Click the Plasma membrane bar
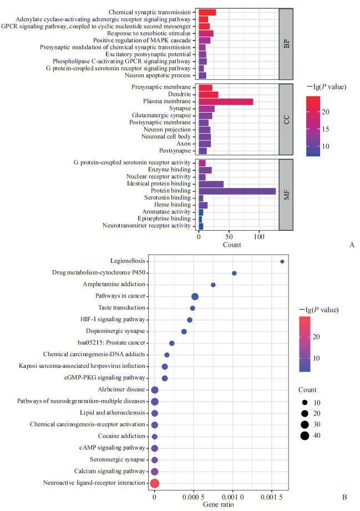point(226,102)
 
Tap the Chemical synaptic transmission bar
point(207,12)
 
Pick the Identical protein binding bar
point(211,184)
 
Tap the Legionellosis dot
point(282,261)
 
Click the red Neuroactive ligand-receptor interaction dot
point(155,483)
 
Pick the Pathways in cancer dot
point(195,297)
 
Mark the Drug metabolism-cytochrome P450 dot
point(234,273)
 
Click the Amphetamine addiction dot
point(213,285)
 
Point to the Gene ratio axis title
point(217,504)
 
